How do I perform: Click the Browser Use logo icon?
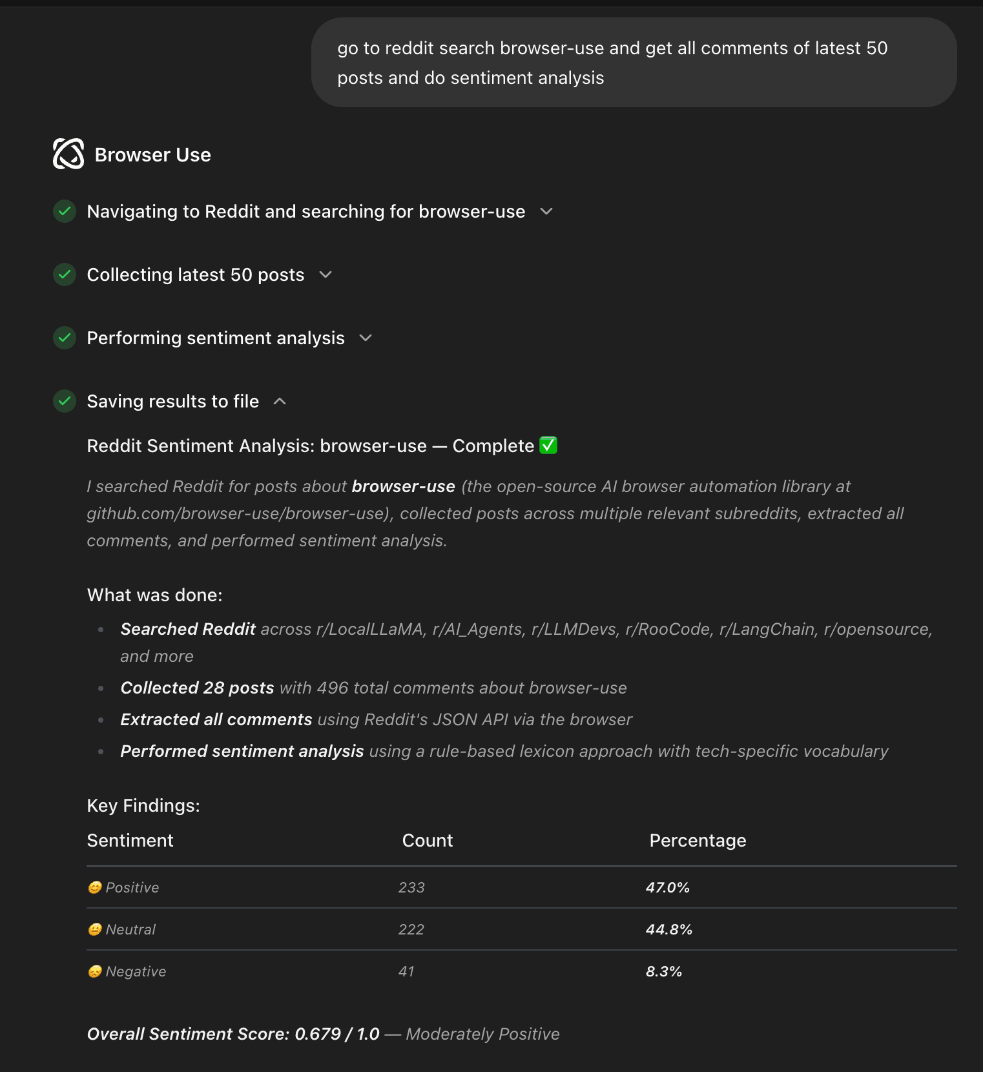coord(68,154)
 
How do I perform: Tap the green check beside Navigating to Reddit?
coord(65,211)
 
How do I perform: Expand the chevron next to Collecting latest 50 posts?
coord(326,274)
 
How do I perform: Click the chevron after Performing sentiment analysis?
coord(366,338)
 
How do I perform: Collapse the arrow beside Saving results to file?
coord(280,401)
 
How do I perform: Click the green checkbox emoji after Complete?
coord(548,446)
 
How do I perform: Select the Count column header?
coord(427,840)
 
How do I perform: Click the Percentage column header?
coord(698,840)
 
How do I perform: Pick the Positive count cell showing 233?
coord(411,887)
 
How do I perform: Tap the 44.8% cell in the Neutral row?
coord(668,929)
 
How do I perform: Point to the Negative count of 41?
coord(406,971)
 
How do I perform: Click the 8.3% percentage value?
coord(663,971)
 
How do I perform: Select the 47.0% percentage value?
coord(667,887)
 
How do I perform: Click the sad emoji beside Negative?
coord(95,971)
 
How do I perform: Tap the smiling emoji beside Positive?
coord(95,887)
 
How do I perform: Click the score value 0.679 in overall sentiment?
coord(317,1034)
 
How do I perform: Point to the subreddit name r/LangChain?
coord(767,629)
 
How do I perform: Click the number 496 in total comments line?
coord(333,688)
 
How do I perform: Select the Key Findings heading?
coord(143,805)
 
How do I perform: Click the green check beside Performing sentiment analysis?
coord(65,338)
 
